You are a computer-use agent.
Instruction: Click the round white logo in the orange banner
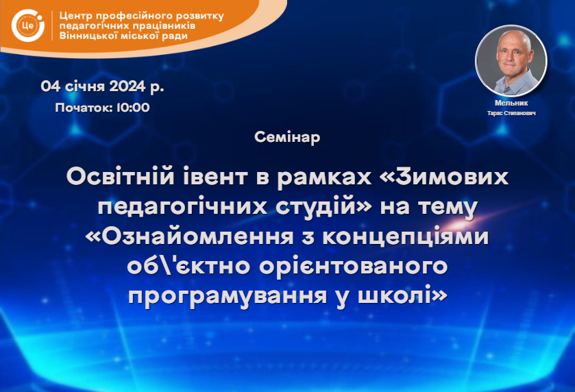[x=28, y=25]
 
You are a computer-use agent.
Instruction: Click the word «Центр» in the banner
[x=75, y=16]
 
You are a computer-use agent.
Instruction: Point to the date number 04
[x=51, y=86]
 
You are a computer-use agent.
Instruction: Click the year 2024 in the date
[x=127, y=86]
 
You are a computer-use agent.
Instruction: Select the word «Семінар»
[x=287, y=137]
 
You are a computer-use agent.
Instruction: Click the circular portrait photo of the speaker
[x=511, y=61]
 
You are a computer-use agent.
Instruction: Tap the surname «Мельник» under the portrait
[x=511, y=103]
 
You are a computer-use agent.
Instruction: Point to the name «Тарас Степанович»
[x=511, y=113]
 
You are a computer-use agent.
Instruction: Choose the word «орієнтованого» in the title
[x=354, y=266]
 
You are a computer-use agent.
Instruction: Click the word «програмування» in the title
[x=228, y=296]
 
